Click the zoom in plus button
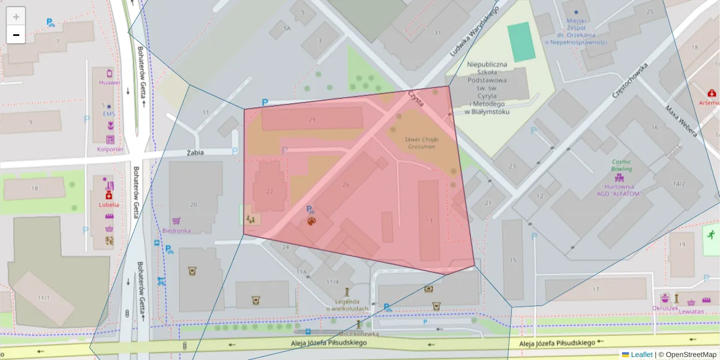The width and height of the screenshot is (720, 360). point(16,17)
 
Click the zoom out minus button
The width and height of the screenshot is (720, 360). point(16,35)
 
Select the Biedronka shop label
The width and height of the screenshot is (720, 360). point(176,230)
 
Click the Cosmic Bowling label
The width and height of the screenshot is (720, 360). point(622,166)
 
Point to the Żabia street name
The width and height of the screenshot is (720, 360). point(195,152)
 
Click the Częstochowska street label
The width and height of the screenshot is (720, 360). point(631,81)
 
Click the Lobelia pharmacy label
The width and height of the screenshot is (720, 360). point(109,205)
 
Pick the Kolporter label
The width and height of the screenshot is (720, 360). point(110,149)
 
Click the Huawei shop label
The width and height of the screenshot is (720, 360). point(110,83)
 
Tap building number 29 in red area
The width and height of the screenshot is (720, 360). point(312,120)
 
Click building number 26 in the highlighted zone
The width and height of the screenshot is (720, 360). point(346,185)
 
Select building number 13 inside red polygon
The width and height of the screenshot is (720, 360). point(428,221)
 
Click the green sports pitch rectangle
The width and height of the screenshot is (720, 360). point(521,41)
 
